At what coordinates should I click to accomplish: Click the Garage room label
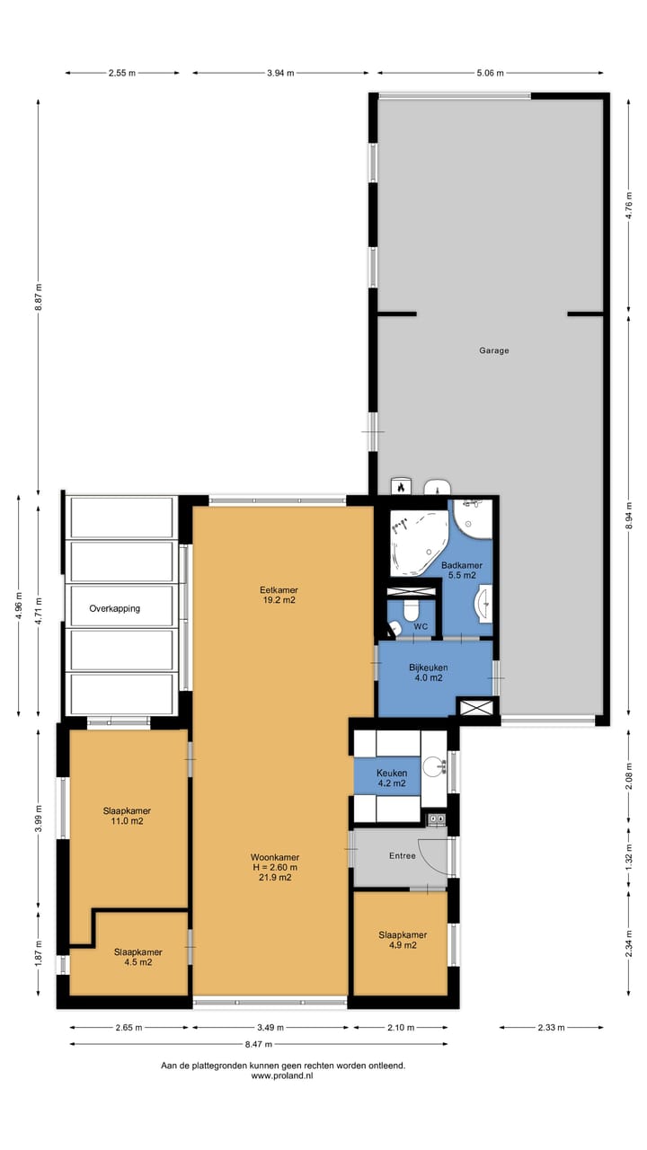point(493,350)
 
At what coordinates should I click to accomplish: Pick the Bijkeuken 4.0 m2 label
point(428,673)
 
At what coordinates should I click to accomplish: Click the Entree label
point(402,855)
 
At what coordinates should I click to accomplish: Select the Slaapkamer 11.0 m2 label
point(126,815)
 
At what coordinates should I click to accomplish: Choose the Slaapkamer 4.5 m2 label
point(137,957)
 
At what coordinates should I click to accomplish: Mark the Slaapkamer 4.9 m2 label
point(402,940)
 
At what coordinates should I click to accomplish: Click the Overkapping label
point(114,608)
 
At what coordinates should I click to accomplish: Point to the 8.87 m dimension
point(39,296)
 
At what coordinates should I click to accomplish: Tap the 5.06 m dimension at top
point(490,73)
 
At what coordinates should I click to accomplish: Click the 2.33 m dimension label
point(551,1027)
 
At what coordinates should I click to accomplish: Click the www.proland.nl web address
point(282,1075)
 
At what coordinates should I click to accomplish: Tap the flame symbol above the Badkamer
point(400,487)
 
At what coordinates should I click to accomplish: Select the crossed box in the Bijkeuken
point(476,708)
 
